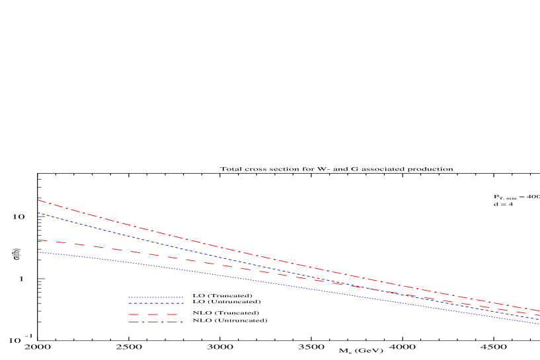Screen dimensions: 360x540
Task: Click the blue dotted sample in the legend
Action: [156, 297]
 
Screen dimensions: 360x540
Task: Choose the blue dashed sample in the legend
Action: [156, 303]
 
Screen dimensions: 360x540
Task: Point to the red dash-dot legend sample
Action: [156, 322]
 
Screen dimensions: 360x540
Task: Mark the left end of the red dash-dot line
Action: [38, 199]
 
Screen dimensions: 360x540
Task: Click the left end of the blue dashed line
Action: [38, 213]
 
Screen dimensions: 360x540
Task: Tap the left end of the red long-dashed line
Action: [38, 240]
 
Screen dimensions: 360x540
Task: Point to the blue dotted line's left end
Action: [38, 252]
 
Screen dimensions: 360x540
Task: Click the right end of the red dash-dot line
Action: [539, 310]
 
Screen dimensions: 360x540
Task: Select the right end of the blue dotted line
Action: [539, 324]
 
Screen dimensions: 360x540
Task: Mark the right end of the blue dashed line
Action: [539, 319]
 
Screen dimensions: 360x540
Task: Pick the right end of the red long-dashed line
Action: [539, 314]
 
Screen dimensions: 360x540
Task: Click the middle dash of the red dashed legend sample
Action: [153, 314]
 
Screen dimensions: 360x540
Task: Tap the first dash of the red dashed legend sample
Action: [134, 314]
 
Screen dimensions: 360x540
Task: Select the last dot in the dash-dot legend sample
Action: [181, 322]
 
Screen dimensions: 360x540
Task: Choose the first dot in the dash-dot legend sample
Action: [143, 322]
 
